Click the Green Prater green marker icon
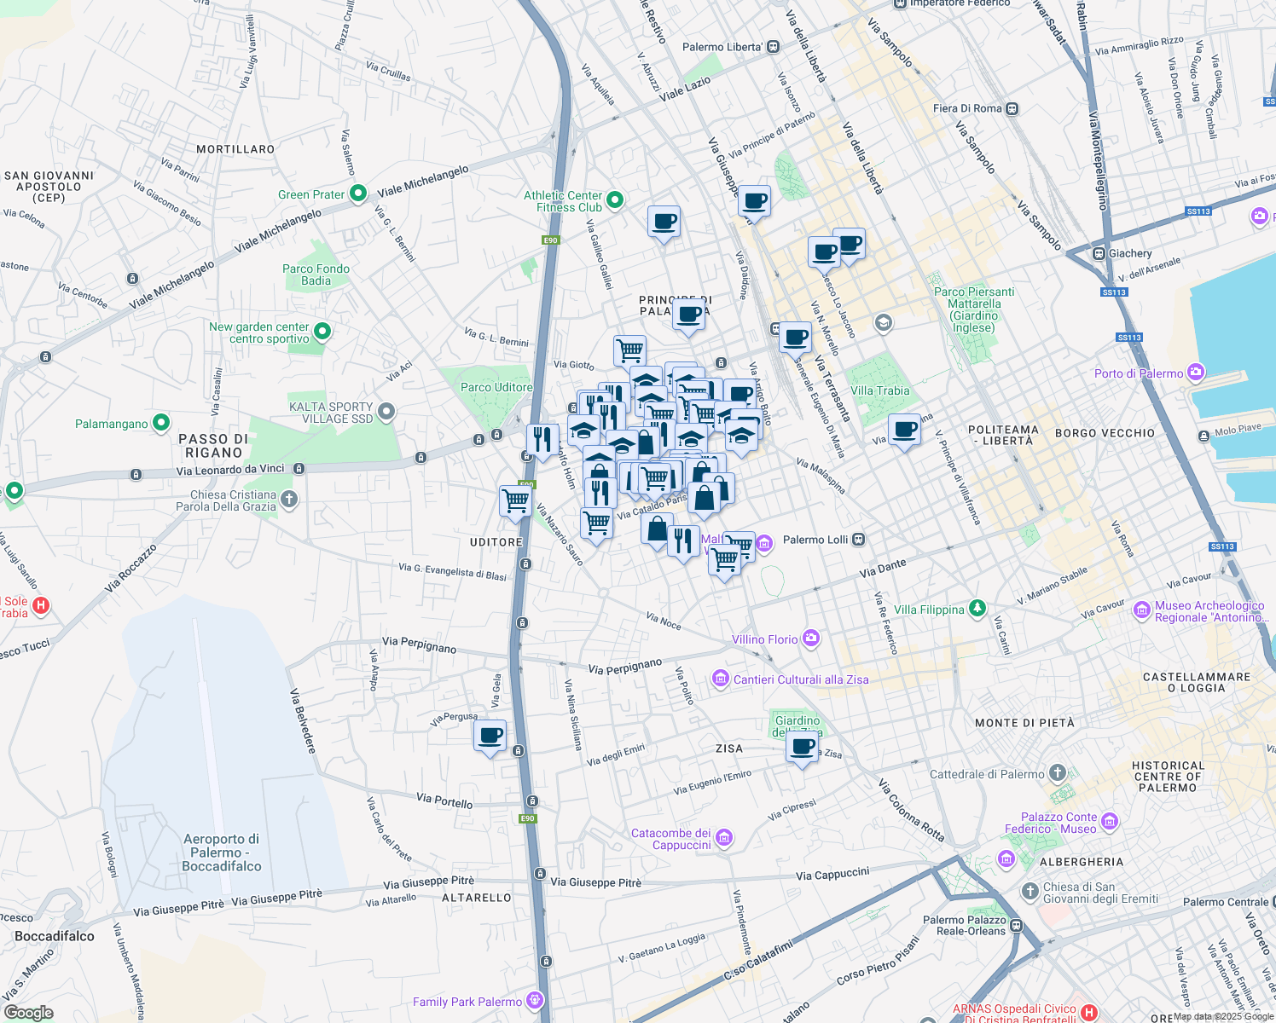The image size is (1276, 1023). click(358, 194)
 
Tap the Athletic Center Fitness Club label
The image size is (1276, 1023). click(563, 201)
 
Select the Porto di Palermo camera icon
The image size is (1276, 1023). click(1196, 373)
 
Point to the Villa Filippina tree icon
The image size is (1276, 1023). click(977, 609)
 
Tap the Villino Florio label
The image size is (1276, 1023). click(764, 639)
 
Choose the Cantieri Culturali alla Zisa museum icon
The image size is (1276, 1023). click(721, 679)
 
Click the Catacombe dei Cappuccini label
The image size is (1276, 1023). click(670, 839)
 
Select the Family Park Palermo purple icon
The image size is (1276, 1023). click(535, 1001)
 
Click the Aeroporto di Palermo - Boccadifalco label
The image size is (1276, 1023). click(221, 852)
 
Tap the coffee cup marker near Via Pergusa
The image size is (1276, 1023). click(490, 737)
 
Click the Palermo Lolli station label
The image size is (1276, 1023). click(815, 540)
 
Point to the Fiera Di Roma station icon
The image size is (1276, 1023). click(1012, 108)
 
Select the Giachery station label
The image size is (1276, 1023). click(1130, 253)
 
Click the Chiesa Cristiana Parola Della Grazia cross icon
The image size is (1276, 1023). click(289, 500)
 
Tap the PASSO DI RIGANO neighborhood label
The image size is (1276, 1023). click(213, 446)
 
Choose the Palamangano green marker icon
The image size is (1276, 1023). click(160, 423)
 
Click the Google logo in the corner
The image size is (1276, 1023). click(28, 1012)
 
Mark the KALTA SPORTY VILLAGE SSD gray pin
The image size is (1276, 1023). click(386, 413)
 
